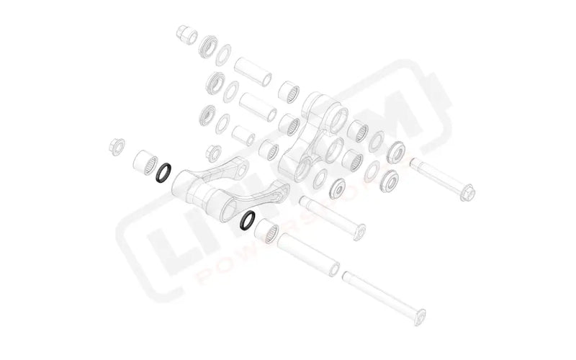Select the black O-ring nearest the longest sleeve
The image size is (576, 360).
(248, 220)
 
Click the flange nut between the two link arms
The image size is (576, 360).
(214, 153)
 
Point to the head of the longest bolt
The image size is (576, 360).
(420, 315)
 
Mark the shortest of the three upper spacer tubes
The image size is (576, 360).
(243, 135)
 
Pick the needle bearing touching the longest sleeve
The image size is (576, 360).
(269, 233)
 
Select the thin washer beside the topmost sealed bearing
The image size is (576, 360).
(225, 53)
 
